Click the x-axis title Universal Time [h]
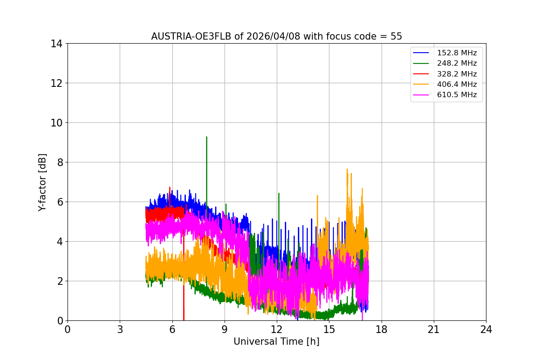point(276,342)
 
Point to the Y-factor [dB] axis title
point(42,182)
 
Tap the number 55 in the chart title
point(396,36)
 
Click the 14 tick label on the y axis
point(56,44)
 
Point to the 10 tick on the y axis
point(56,123)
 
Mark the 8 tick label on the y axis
point(59,162)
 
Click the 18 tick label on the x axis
point(382,329)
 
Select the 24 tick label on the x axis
point(486,329)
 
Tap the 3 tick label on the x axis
point(120,329)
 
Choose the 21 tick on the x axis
point(434,329)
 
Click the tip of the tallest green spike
point(207,137)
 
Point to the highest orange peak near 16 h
point(347,169)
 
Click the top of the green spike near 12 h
point(279,193)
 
